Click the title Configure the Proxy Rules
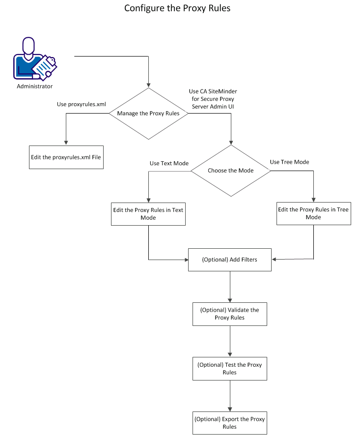pyautogui.click(x=177, y=8)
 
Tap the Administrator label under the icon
pyautogui.click(x=34, y=87)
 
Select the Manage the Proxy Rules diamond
pyautogui.click(x=148, y=113)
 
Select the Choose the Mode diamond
pyautogui.click(x=230, y=171)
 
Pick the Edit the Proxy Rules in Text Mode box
pyautogui.click(x=148, y=213)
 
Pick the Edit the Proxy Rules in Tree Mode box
pyautogui.click(x=313, y=213)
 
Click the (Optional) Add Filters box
pyautogui.click(x=230, y=259)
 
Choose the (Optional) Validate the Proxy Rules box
pyautogui.click(x=230, y=314)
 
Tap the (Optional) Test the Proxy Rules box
pyautogui.click(x=230, y=368)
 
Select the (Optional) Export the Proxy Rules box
pyautogui.click(x=230, y=423)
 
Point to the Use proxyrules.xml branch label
pyautogui.click(x=82, y=104)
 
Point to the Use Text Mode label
pyautogui.click(x=169, y=163)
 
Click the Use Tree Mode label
pyautogui.click(x=289, y=162)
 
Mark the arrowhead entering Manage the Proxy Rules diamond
pyautogui.click(x=148, y=85)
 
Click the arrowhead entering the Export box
pyautogui.click(x=230, y=409)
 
